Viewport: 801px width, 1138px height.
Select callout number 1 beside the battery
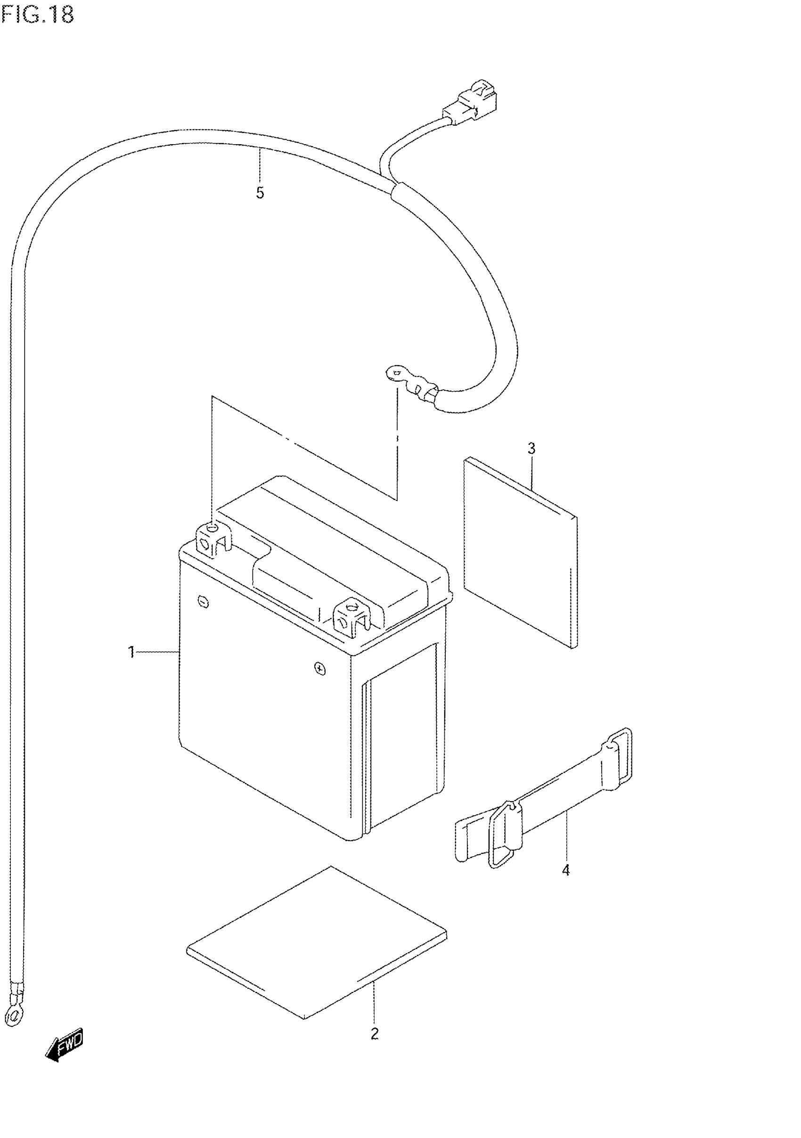131,652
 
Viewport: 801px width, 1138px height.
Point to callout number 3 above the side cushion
531,449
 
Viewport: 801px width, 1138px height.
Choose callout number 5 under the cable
260,193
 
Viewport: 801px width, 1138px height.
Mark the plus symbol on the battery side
320,670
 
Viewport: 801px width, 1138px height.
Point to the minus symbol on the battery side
203,602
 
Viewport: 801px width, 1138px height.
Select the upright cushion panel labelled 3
521,553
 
